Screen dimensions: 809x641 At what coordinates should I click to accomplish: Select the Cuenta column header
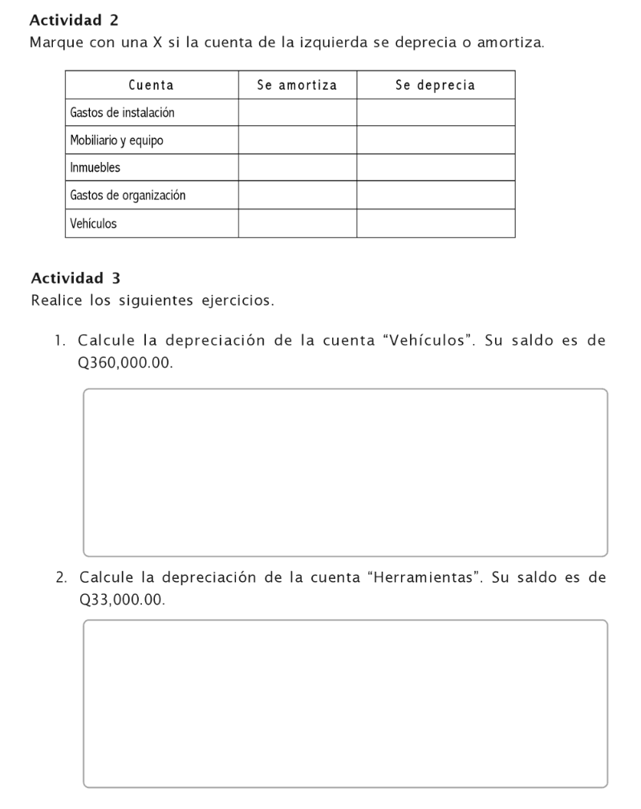pos(152,85)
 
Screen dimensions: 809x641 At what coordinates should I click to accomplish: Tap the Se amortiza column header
pos(297,85)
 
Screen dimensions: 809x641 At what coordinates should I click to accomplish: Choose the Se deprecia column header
pos(435,85)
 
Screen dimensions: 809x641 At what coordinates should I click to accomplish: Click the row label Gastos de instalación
pos(122,112)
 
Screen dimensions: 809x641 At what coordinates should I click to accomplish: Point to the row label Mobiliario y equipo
pos(116,140)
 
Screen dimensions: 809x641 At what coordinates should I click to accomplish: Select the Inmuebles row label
pos(95,168)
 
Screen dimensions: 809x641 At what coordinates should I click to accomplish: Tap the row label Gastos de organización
pos(128,195)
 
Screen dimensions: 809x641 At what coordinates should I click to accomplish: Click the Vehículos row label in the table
pos(93,224)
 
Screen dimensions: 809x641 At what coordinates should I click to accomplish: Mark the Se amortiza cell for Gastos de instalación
pos(297,112)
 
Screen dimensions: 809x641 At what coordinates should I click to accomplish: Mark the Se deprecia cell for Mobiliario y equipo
pos(435,140)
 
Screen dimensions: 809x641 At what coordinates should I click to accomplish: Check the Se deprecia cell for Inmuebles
pos(435,168)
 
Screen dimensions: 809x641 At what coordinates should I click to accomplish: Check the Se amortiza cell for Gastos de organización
pos(297,195)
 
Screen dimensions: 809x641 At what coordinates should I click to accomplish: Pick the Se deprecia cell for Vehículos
pos(435,224)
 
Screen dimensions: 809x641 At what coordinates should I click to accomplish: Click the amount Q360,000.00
pos(120,362)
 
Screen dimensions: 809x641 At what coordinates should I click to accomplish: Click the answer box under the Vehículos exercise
pos(345,472)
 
